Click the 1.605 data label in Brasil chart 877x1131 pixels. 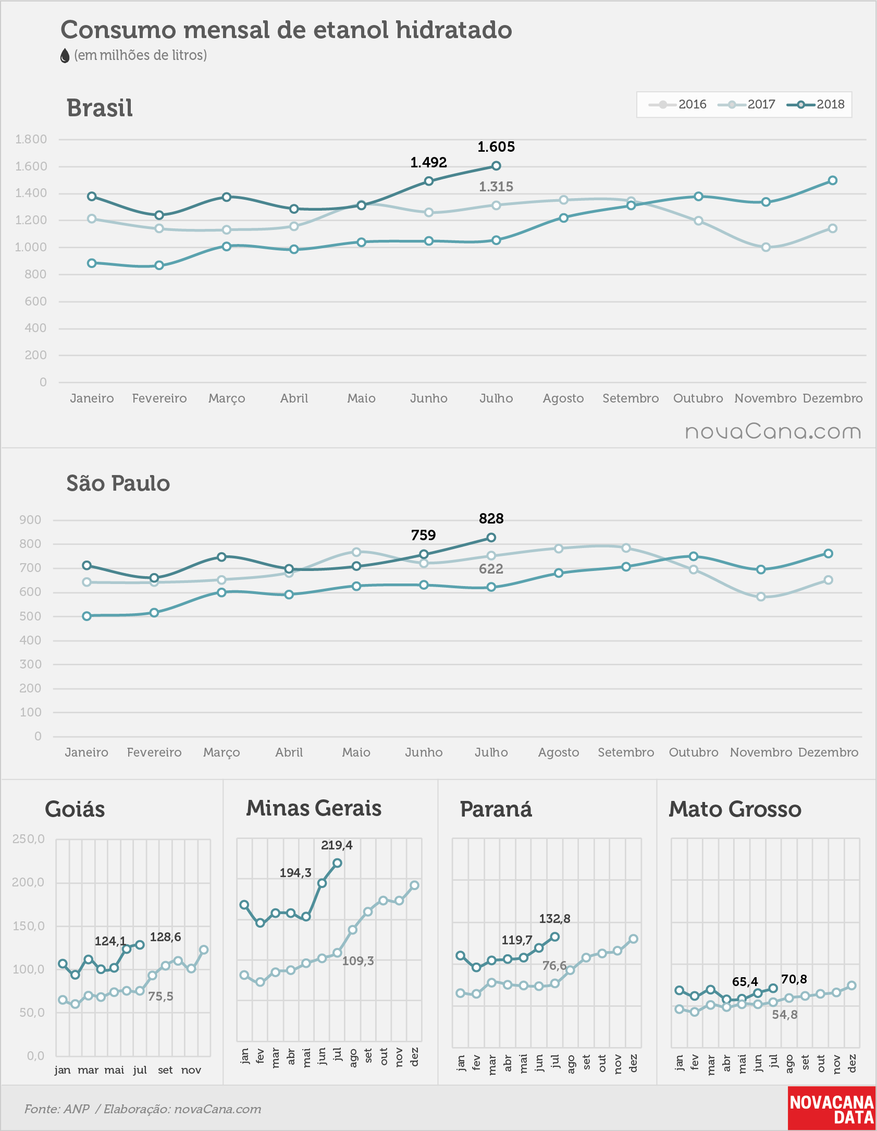point(496,147)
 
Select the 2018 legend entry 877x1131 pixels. point(816,104)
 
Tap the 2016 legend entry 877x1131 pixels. point(677,104)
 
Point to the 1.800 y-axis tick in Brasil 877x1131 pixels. point(31,139)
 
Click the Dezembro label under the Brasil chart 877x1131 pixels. point(833,398)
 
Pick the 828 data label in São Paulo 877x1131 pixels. point(491,518)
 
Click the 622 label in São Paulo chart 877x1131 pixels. point(491,569)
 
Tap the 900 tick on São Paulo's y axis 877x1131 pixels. point(30,520)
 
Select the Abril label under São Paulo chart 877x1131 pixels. point(289,752)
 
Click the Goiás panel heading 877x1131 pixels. point(75,809)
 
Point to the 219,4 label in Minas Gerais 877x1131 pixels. point(337,845)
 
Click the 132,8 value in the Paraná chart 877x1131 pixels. point(554,919)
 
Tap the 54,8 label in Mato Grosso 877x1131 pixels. point(785,1015)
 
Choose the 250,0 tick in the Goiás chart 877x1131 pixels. point(29,839)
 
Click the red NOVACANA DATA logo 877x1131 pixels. point(832,1109)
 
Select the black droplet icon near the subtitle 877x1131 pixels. point(65,56)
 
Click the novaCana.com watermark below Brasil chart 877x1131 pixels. point(773,432)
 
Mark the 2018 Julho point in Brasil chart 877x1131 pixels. point(496,166)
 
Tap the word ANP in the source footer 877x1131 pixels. point(77,1109)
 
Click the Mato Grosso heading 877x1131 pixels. point(735,809)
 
